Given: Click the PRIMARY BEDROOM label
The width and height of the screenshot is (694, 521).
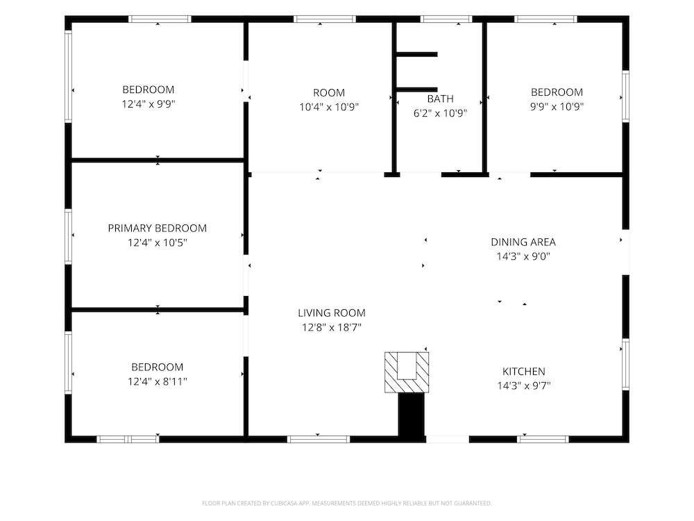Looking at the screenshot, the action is pyautogui.click(x=157, y=228).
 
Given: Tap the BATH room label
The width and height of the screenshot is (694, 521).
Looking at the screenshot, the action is pyautogui.click(x=441, y=99).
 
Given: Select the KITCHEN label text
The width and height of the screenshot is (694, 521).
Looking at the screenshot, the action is pyautogui.click(x=523, y=371).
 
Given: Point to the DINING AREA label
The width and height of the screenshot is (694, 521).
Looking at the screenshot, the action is pyautogui.click(x=523, y=242).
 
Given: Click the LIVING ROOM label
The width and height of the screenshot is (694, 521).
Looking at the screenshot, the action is pyautogui.click(x=332, y=313).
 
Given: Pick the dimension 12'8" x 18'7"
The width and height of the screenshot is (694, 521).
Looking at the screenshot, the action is pyautogui.click(x=332, y=327).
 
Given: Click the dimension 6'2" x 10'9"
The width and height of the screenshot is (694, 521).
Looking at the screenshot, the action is pyautogui.click(x=441, y=113).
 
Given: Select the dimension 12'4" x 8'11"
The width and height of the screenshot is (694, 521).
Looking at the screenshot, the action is pyautogui.click(x=157, y=381).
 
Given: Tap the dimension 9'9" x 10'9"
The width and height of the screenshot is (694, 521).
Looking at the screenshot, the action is pyautogui.click(x=557, y=106).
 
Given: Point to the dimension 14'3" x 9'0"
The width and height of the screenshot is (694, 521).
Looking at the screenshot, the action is pyautogui.click(x=523, y=256).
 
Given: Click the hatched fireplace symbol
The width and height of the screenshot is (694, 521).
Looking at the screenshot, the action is pyautogui.click(x=407, y=372).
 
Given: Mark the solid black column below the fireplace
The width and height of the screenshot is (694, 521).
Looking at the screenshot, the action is pyautogui.click(x=412, y=415).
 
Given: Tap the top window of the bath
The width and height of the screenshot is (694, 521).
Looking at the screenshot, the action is pyautogui.click(x=446, y=19).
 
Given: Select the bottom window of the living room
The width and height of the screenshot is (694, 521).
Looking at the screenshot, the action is pyautogui.click(x=319, y=440).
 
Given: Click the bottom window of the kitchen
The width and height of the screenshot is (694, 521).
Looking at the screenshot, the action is pyautogui.click(x=543, y=440).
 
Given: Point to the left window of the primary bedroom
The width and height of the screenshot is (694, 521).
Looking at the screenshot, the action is pyautogui.click(x=68, y=236).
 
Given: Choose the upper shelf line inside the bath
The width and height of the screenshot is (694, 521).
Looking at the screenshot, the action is pyautogui.click(x=416, y=54).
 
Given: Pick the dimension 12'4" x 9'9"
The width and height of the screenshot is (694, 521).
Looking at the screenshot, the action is pyautogui.click(x=149, y=104).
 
